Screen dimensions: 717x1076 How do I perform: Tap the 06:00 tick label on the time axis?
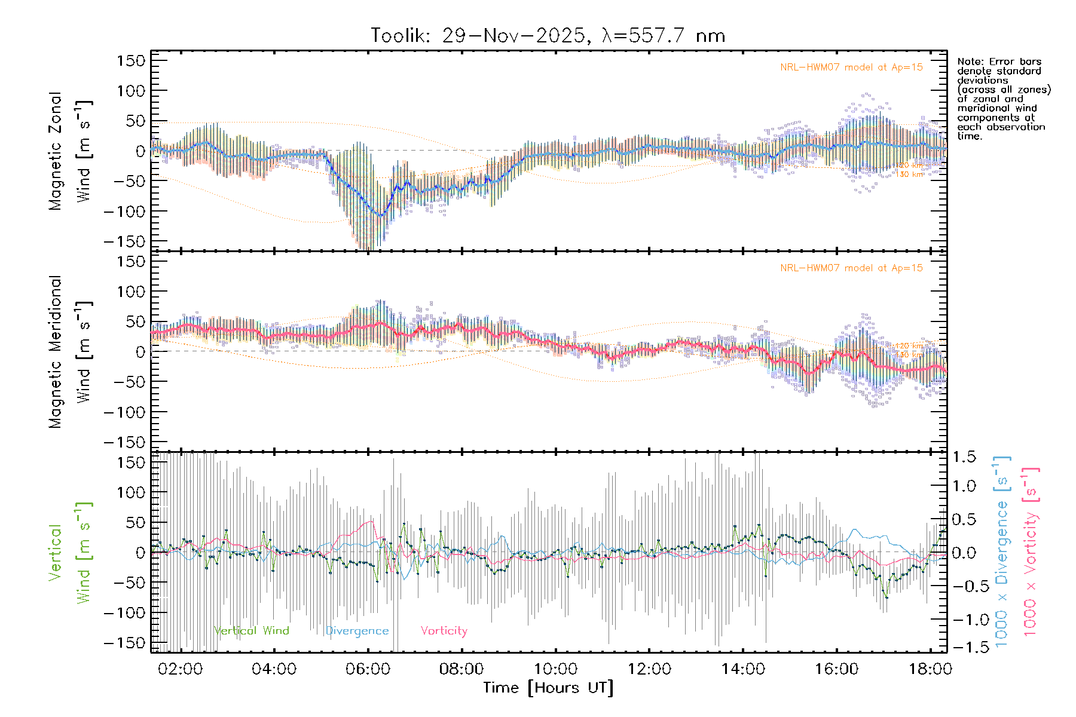click(368, 669)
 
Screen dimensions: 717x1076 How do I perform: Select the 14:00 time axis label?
click(743, 669)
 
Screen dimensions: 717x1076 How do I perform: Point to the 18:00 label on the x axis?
click(930, 669)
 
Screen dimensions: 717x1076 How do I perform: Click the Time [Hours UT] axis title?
click(548, 688)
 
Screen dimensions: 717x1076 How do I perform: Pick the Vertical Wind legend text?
click(251, 631)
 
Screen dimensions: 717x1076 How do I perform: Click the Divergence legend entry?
click(357, 631)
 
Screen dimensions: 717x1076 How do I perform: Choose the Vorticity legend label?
click(444, 631)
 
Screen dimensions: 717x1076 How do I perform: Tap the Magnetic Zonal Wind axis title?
click(71, 151)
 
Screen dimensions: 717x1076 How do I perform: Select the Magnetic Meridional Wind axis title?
click(71, 352)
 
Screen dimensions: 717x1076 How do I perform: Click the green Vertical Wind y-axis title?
click(71, 553)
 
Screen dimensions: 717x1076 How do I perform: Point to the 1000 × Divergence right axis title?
click(1002, 553)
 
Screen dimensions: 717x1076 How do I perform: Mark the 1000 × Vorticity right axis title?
click(1031, 553)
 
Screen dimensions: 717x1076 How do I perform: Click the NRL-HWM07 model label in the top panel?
click(851, 68)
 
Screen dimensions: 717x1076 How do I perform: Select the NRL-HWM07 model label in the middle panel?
click(851, 268)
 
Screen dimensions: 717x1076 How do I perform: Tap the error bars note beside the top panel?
click(1003, 99)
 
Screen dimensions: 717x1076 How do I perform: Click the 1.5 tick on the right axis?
click(964, 457)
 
